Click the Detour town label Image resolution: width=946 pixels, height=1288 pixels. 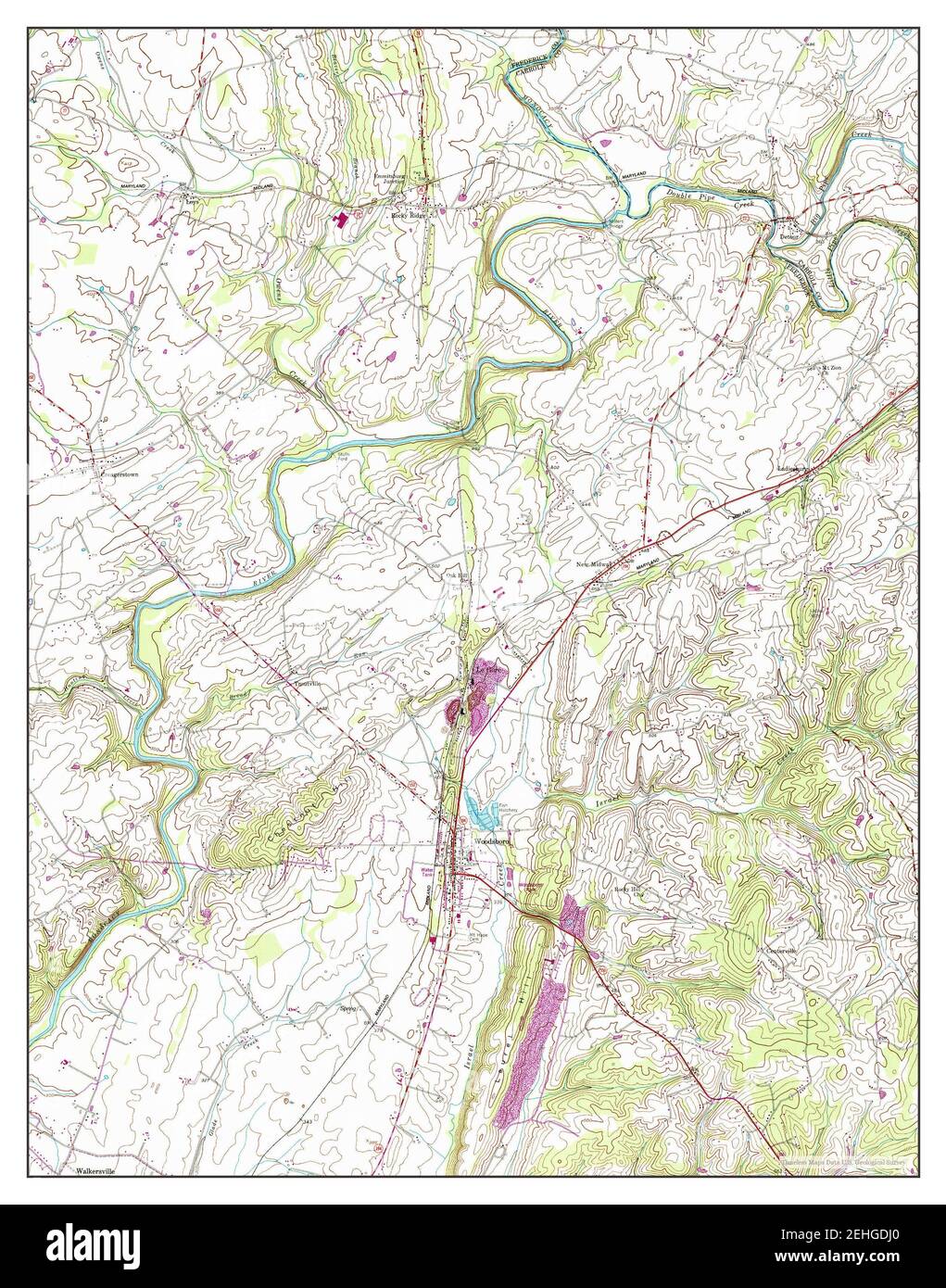point(788,235)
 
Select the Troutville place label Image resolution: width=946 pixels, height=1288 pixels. point(307,684)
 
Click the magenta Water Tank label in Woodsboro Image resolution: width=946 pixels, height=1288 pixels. point(428,872)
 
